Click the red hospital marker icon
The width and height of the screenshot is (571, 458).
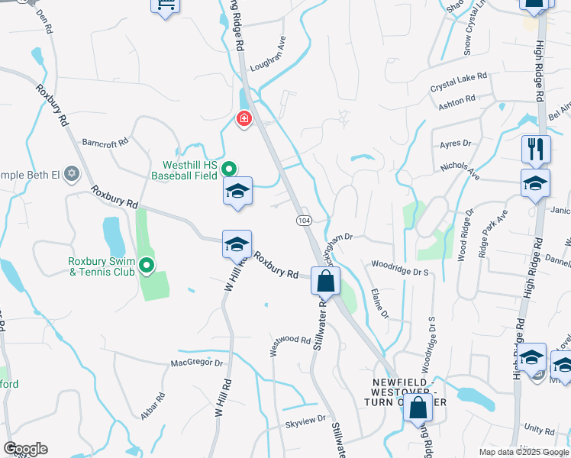click(x=244, y=119)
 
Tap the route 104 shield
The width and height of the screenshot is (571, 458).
click(x=302, y=219)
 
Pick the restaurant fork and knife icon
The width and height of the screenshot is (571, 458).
click(x=536, y=148)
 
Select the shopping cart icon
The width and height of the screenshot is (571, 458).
click(x=165, y=7)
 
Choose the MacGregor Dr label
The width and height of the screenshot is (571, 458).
click(x=196, y=363)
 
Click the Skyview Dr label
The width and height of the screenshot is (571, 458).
click(x=305, y=419)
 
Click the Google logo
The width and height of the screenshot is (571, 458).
click(x=25, y=449)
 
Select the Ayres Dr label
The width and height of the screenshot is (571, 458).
click(x=457, y=143)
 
